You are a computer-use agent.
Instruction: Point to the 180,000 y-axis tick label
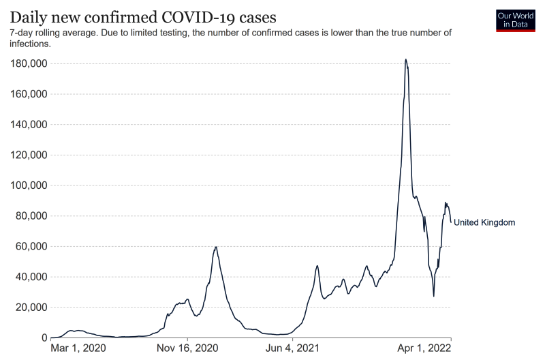[29, 64]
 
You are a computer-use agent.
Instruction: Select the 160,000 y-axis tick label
[29, 94]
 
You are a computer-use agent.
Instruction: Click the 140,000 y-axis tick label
[29, 125]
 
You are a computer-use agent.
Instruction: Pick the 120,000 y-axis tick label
[29, 155]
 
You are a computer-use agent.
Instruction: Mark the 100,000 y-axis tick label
[29, 185]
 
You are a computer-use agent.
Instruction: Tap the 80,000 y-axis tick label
[31, 216]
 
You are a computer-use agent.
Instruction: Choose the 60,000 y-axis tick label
[31, 247]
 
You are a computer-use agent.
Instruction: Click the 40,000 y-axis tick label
[31, 277]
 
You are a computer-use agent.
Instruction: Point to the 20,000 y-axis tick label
[31, 307]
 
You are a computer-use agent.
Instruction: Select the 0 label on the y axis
[43, 338]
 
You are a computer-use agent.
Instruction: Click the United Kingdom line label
[484, 222]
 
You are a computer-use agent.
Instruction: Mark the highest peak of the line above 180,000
[405, 59]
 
